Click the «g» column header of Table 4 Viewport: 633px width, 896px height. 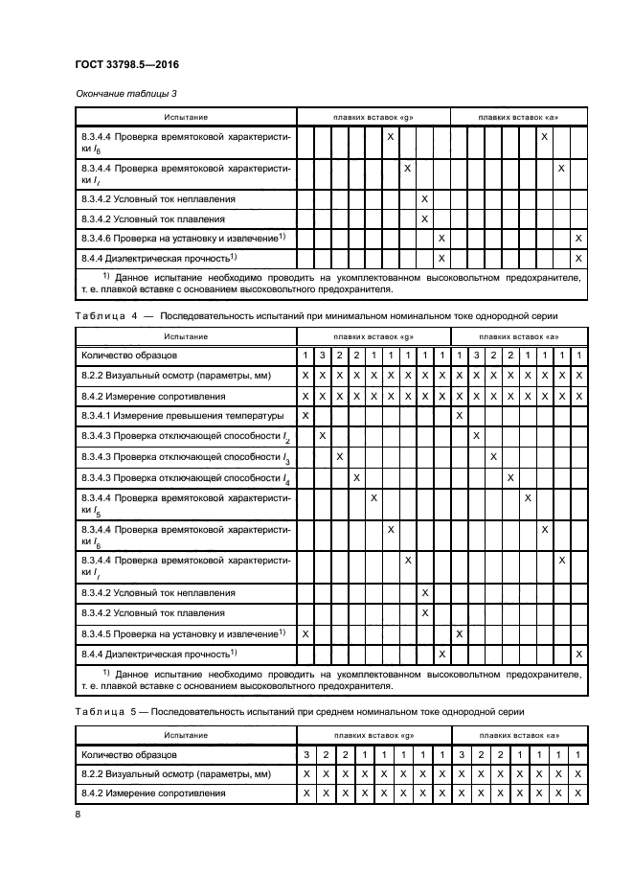373,336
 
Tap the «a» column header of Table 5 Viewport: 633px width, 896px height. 518,734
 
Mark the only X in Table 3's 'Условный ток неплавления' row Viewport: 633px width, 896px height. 424,198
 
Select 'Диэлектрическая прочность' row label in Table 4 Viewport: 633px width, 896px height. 159,655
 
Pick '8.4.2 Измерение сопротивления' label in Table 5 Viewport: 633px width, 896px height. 153,793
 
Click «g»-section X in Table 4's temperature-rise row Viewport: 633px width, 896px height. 305,416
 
